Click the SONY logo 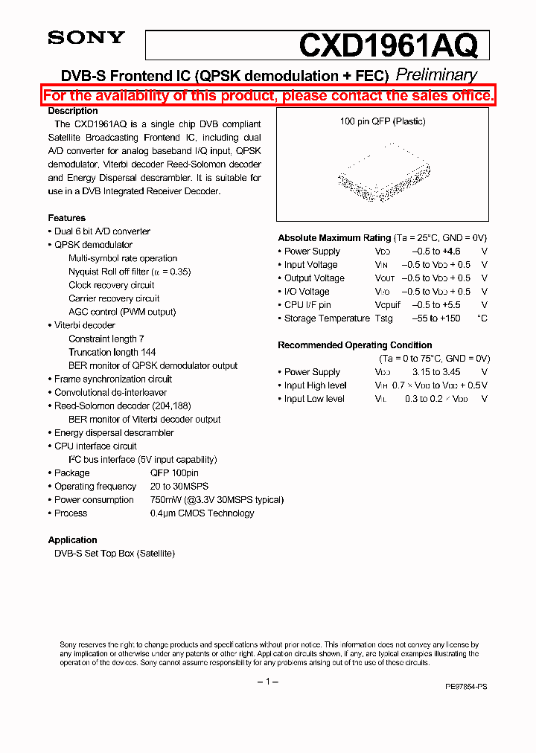(86, 39)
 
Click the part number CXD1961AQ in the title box (387, 45)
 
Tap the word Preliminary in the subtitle (436, 75)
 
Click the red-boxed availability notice (268, 96)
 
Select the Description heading (73, 111)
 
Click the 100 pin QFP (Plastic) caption (383, 121)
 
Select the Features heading (67, 218)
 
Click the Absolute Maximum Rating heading (334, 238)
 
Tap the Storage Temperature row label (326, 318)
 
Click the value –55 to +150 (435, 318)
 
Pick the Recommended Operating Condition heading (355, 345)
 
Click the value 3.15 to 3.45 (436, 372)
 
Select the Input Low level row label (314, 399)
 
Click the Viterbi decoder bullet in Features (84, 325)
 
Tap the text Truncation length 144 (112, 352)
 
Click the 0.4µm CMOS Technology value (202, 513)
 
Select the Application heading (73, 540)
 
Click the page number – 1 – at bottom (267, 682)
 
